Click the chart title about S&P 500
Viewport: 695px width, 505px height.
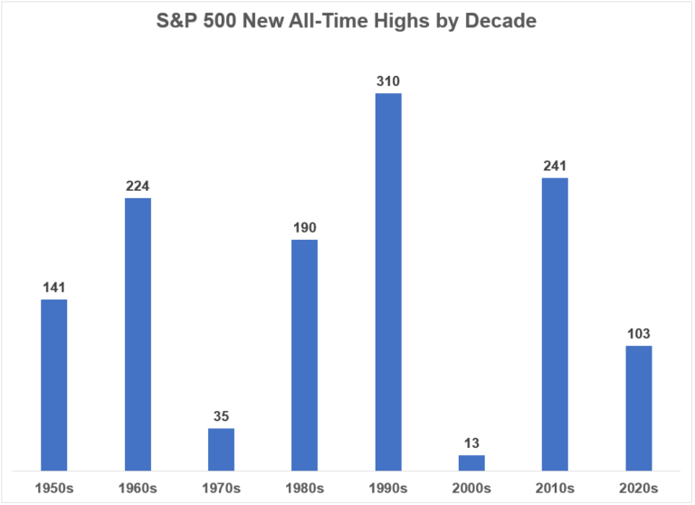pos(347,21)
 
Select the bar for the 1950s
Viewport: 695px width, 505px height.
pos(54,385)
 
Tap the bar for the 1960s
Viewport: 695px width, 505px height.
pos(138,334)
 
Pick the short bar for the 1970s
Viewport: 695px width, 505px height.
pos(221,449)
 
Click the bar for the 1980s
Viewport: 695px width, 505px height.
pos(304,355)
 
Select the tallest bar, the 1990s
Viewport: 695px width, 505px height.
pos(388,281)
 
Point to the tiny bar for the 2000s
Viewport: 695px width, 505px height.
pos(471,462)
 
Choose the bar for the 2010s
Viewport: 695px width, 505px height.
pos(555,324)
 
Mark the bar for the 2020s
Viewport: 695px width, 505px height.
pos(638,407)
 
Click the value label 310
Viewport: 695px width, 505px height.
pos(388,81)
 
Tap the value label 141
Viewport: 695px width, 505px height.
pos(54,288)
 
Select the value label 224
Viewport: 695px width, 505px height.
pos(138,186)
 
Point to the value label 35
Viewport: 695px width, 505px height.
pos(221,417)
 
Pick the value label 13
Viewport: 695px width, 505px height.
pos(471,444)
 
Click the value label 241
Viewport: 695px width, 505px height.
pos(555,167)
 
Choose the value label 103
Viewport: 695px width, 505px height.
pos(638,334)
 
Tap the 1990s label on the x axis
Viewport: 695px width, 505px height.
pos(388,489)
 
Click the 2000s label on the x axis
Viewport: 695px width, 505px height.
pos(471,489)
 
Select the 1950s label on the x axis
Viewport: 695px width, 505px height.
pos(54,489)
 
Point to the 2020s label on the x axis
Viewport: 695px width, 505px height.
pos(638,489)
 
